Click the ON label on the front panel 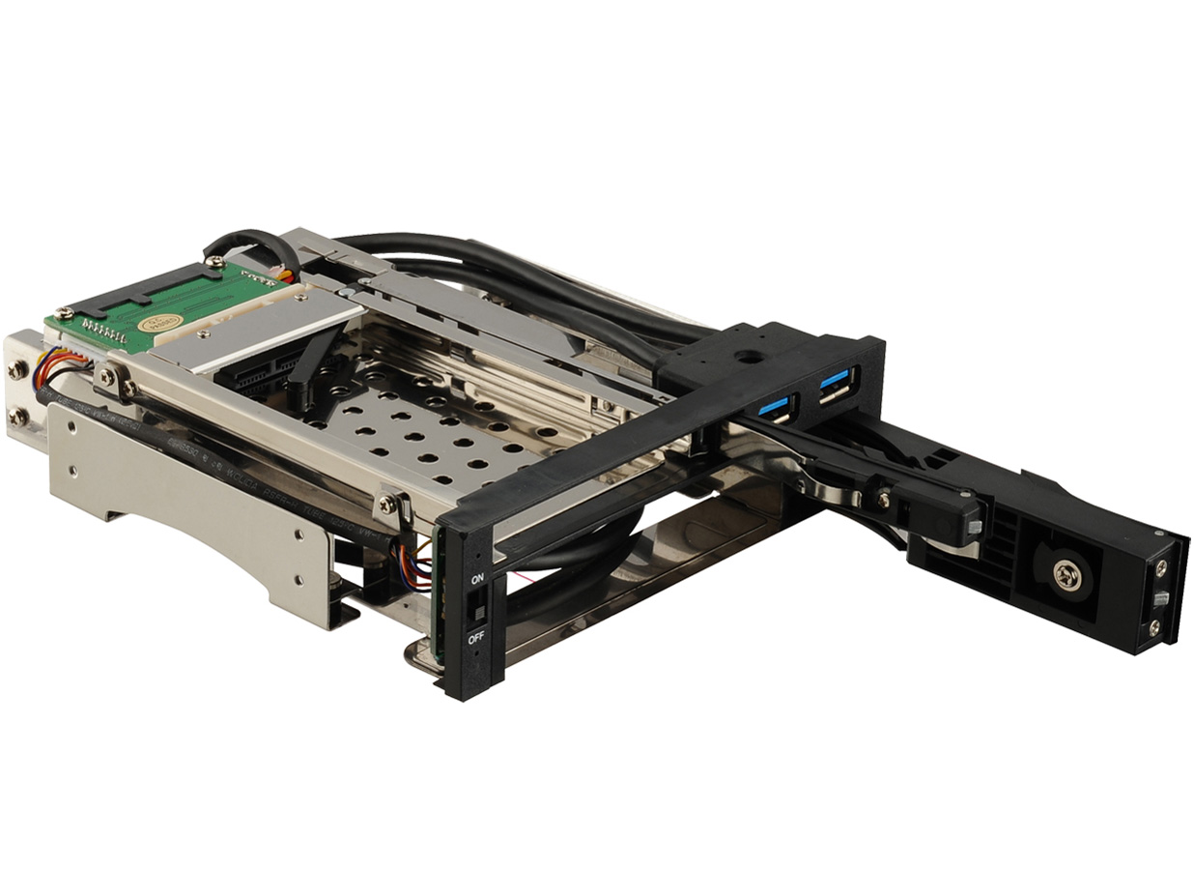(x=476, y=579)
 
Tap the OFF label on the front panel (x=476, y=639)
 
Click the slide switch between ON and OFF (x=474, y=609)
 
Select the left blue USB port (x=775, y=407)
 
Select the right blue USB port (x=835, y=385)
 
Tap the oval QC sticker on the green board (x=159, y=323)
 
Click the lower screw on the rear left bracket (x=19, y=418)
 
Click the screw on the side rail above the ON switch (x=385, y=502)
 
